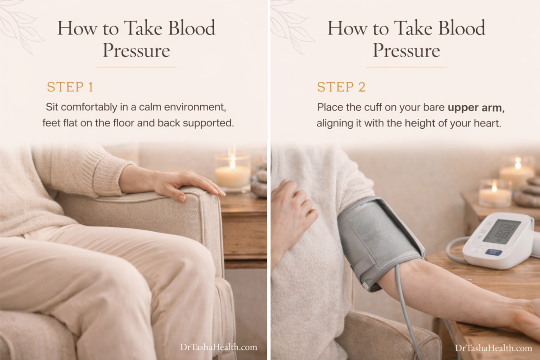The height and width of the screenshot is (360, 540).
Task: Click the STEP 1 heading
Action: point(70,87)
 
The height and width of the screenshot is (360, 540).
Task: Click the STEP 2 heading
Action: point(342,87)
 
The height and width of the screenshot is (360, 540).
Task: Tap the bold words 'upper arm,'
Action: point(476,108)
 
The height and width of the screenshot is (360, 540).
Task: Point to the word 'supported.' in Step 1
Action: point(208,123)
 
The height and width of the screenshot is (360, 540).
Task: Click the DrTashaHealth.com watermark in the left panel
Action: point(219,347)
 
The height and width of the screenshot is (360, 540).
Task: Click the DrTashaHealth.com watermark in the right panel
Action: point(494,348)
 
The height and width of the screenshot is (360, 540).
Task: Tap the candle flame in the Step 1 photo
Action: point(232,162)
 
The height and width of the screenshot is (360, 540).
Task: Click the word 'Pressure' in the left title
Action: point(136,50)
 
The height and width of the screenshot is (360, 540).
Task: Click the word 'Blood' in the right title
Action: point(462,28)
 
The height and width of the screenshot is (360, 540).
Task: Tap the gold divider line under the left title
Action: point(136,67)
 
